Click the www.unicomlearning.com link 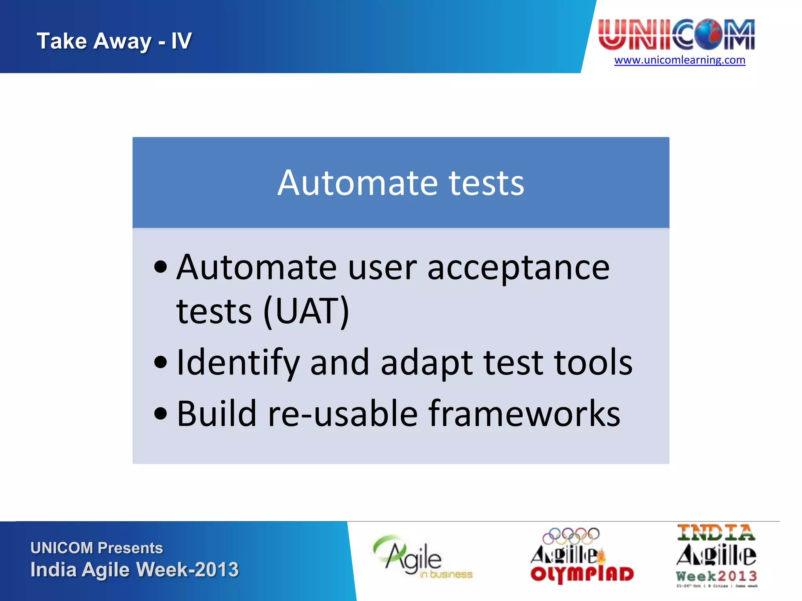coord(679,60)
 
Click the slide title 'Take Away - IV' coord(114,41)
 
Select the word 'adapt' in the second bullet coord(427,363)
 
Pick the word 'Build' coord(217,414)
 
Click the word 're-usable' coord(343,414)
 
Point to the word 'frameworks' coord(524,414)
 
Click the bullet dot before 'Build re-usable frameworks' coord(161,413)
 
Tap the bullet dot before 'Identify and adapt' coord(161,362)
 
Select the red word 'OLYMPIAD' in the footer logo coord(582,574)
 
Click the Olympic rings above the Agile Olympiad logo coord(571,536)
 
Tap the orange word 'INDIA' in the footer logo coord(716,533)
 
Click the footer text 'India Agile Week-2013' coord(134,570)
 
